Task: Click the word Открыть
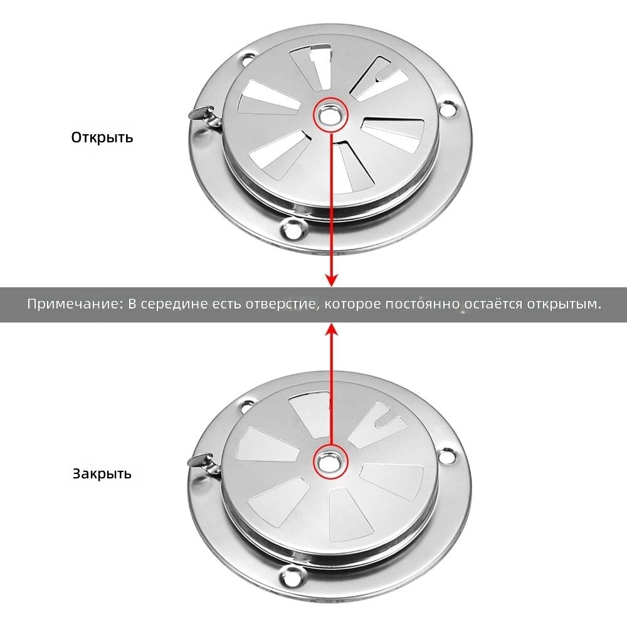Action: [102, 137]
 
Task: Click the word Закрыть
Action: [102, 473]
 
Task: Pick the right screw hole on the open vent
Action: [448, 108]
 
